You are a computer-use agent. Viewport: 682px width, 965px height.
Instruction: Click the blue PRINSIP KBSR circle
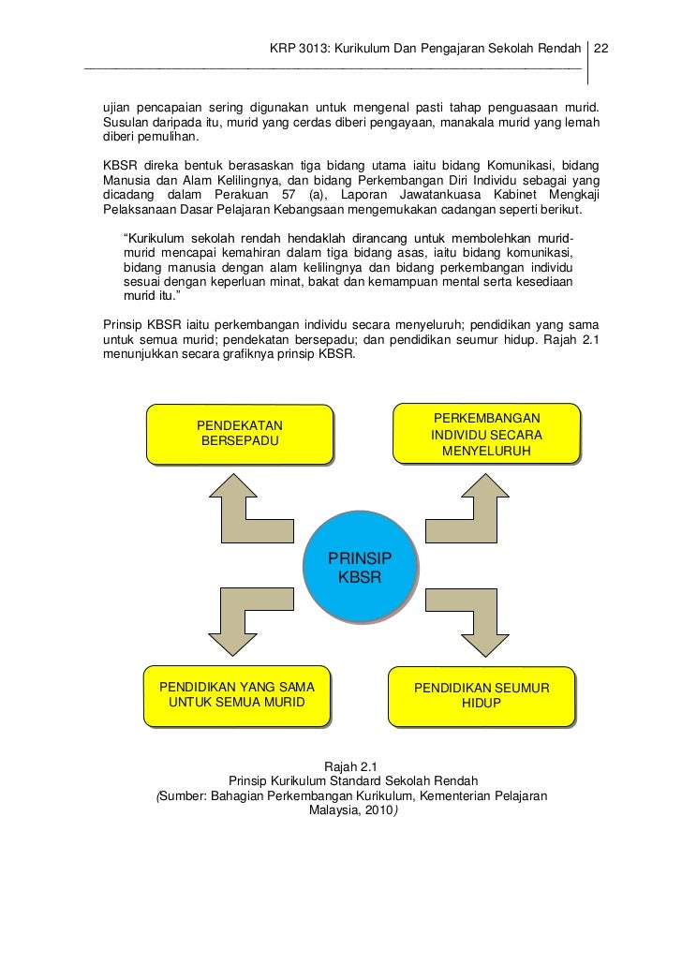point(360,567)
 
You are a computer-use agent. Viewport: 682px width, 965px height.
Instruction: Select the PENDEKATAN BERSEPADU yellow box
point(240,433)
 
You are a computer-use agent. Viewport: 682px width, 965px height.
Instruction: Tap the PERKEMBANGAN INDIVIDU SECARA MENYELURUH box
point(486,434)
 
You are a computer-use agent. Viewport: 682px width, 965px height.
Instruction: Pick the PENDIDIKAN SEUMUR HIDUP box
point(482,695)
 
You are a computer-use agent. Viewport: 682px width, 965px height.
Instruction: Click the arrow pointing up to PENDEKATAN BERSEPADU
point(242,505)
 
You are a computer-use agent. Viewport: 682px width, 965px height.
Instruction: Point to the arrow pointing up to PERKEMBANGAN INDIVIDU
point(468,505)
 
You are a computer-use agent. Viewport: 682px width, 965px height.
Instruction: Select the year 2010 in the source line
point(378,812)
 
